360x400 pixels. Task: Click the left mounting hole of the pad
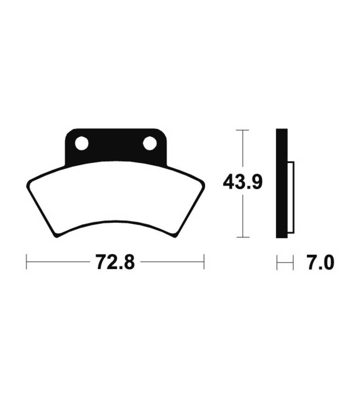pos(82,143)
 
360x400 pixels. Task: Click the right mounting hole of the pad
pos(150,143)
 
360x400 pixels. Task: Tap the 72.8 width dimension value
pos(115,262)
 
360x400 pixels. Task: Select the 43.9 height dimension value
pos(242,182)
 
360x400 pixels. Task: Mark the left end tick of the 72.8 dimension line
pos(26,262)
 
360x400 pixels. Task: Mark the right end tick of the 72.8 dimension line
pos(204,262)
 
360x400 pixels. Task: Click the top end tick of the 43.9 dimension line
pos(242,130)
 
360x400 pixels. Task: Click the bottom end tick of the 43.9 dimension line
pos(242,237)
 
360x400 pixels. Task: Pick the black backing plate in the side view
pos(282,183)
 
